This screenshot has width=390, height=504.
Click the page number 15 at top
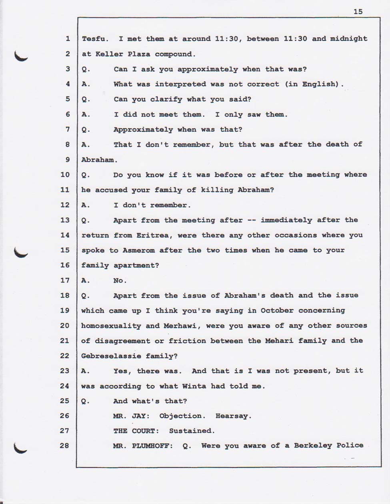tap(358, 12)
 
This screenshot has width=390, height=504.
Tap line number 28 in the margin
tap(64, 446)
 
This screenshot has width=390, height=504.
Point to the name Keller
tap(108, 54)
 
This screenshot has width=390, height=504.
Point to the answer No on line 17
tap(120, 281)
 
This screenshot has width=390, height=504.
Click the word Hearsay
tap(234, 416)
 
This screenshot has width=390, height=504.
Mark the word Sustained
tap(192, 431)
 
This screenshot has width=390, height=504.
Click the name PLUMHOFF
tap(152, 446)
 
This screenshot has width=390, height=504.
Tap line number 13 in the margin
tap(64, 220)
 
